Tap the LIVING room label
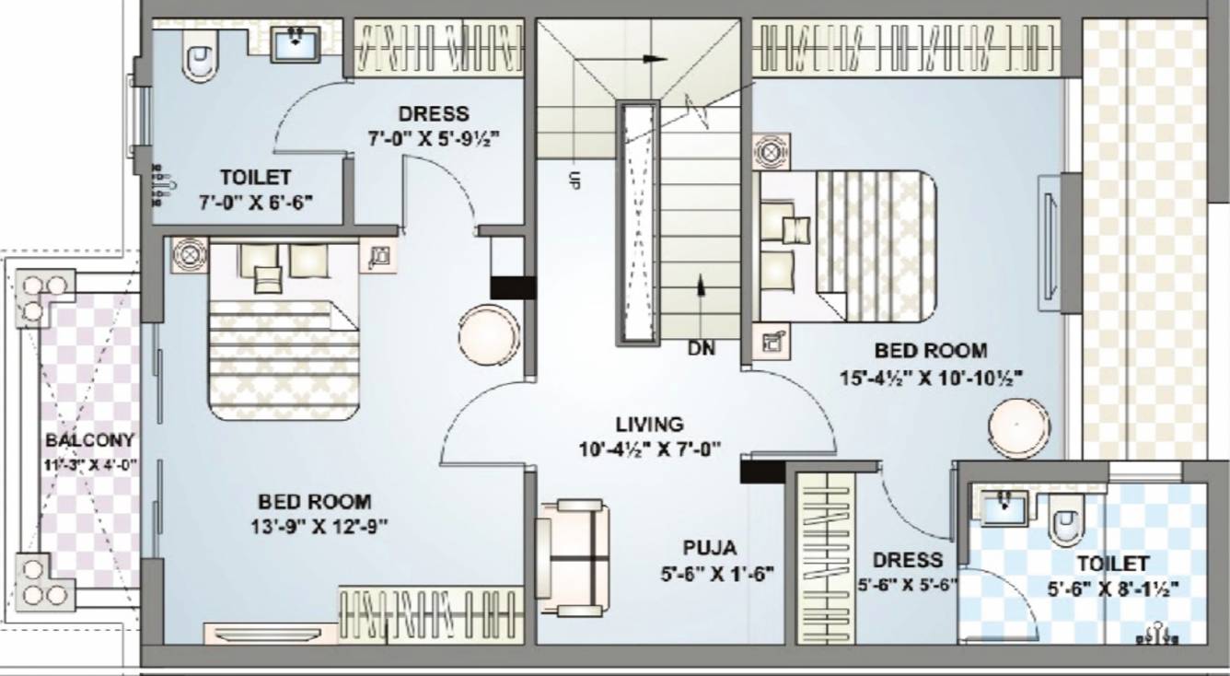[x=650, y=425]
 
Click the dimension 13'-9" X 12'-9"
[x=314, y=526]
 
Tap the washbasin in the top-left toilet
[x=296, y=44]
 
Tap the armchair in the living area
[x=574, y=558]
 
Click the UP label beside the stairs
[x=574, y=180]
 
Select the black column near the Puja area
[x=762, y=472]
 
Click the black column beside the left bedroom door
[x=513, y=287]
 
